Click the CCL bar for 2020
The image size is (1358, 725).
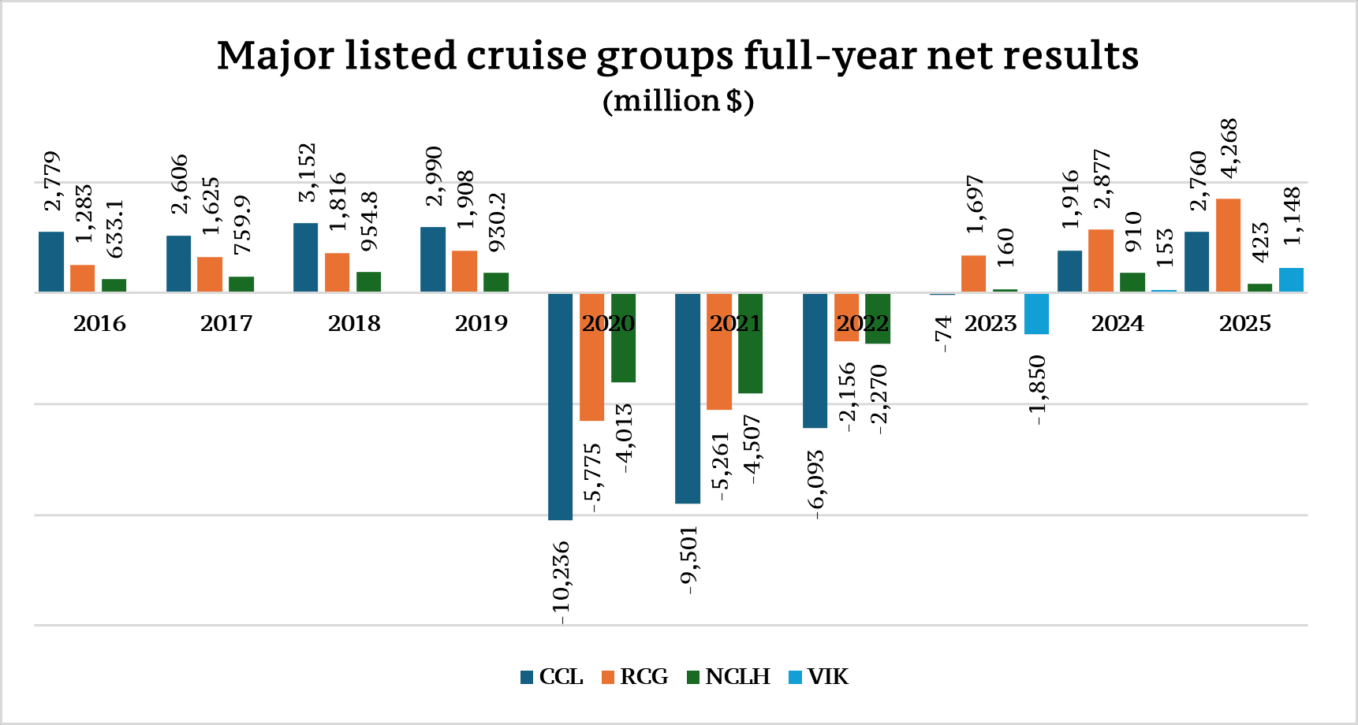[x=560, y=406]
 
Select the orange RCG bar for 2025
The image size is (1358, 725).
[x=1228, y=245]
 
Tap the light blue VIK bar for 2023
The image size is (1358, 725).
[x=1036, y=314]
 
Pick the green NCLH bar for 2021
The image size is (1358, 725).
[x=750, y=343]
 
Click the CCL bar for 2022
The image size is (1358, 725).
[x=815, y=360]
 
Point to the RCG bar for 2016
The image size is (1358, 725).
[x=82, y=278]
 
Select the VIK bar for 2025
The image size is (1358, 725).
[x=1291, y=280]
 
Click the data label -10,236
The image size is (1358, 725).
[x=561, y=582]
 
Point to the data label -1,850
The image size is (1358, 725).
[x=1037, y=389]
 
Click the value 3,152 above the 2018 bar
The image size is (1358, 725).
[x=306, y=172]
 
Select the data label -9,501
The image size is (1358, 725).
[x=688, y=560]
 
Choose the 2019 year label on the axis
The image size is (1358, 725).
[x=481, y=323]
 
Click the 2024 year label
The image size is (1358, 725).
[x=1117, y=323]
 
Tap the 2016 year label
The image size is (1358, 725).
[x=99, y=323]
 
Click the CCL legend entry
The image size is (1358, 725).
[x=552, y=677]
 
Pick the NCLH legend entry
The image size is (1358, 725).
[x=729, y=677]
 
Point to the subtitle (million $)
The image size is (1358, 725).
[x=678, y=101]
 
